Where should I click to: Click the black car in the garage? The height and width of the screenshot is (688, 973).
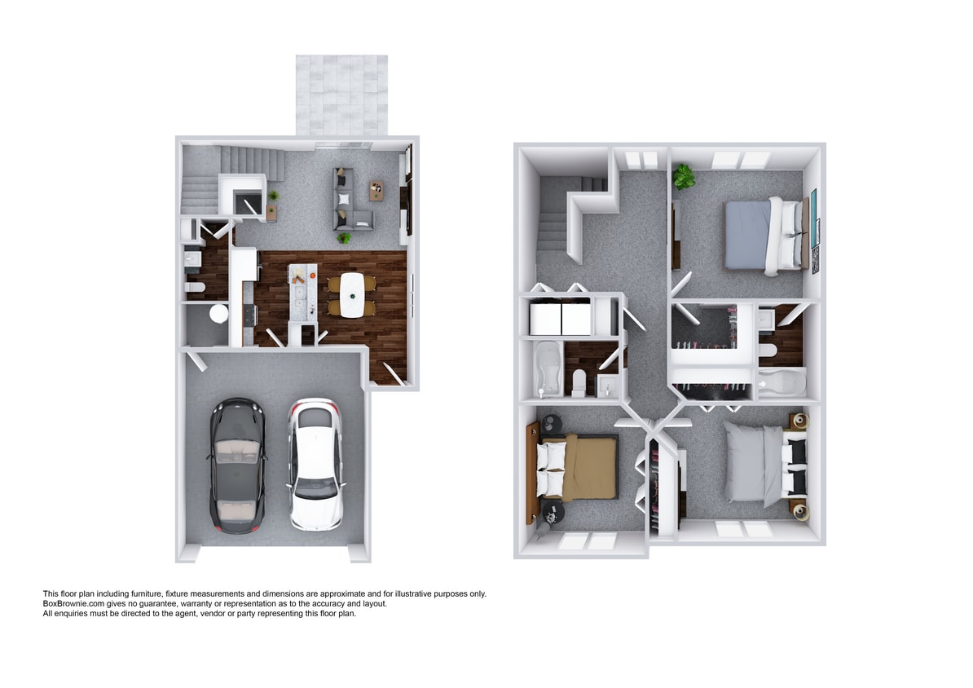(237, 465)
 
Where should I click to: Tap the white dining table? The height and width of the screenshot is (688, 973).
(352, 294)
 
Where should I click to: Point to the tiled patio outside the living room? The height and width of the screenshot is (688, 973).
(341, 95)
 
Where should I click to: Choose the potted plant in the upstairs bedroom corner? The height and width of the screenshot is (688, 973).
(683, 175)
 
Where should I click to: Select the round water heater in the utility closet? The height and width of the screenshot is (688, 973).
(218, 314)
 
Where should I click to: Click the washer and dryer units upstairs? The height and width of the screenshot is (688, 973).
(561, 318)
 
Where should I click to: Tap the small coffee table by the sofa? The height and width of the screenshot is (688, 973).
(376, 190)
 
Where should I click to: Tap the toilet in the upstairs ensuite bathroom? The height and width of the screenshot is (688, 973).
(767, 349)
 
